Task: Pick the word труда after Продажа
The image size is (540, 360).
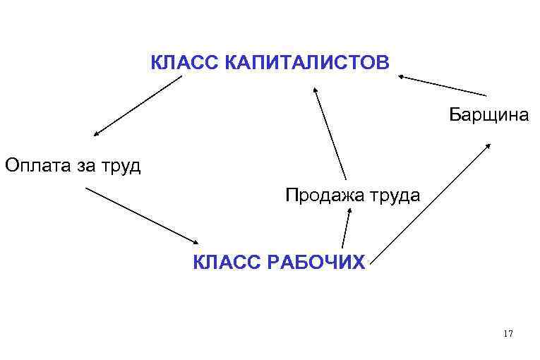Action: click(396, 196)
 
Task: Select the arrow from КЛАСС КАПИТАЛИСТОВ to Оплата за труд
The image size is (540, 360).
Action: click(138, 105)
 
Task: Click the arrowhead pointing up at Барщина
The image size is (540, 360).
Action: click(490, 145)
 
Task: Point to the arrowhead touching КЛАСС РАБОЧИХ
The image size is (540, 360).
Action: click(196, 242)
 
